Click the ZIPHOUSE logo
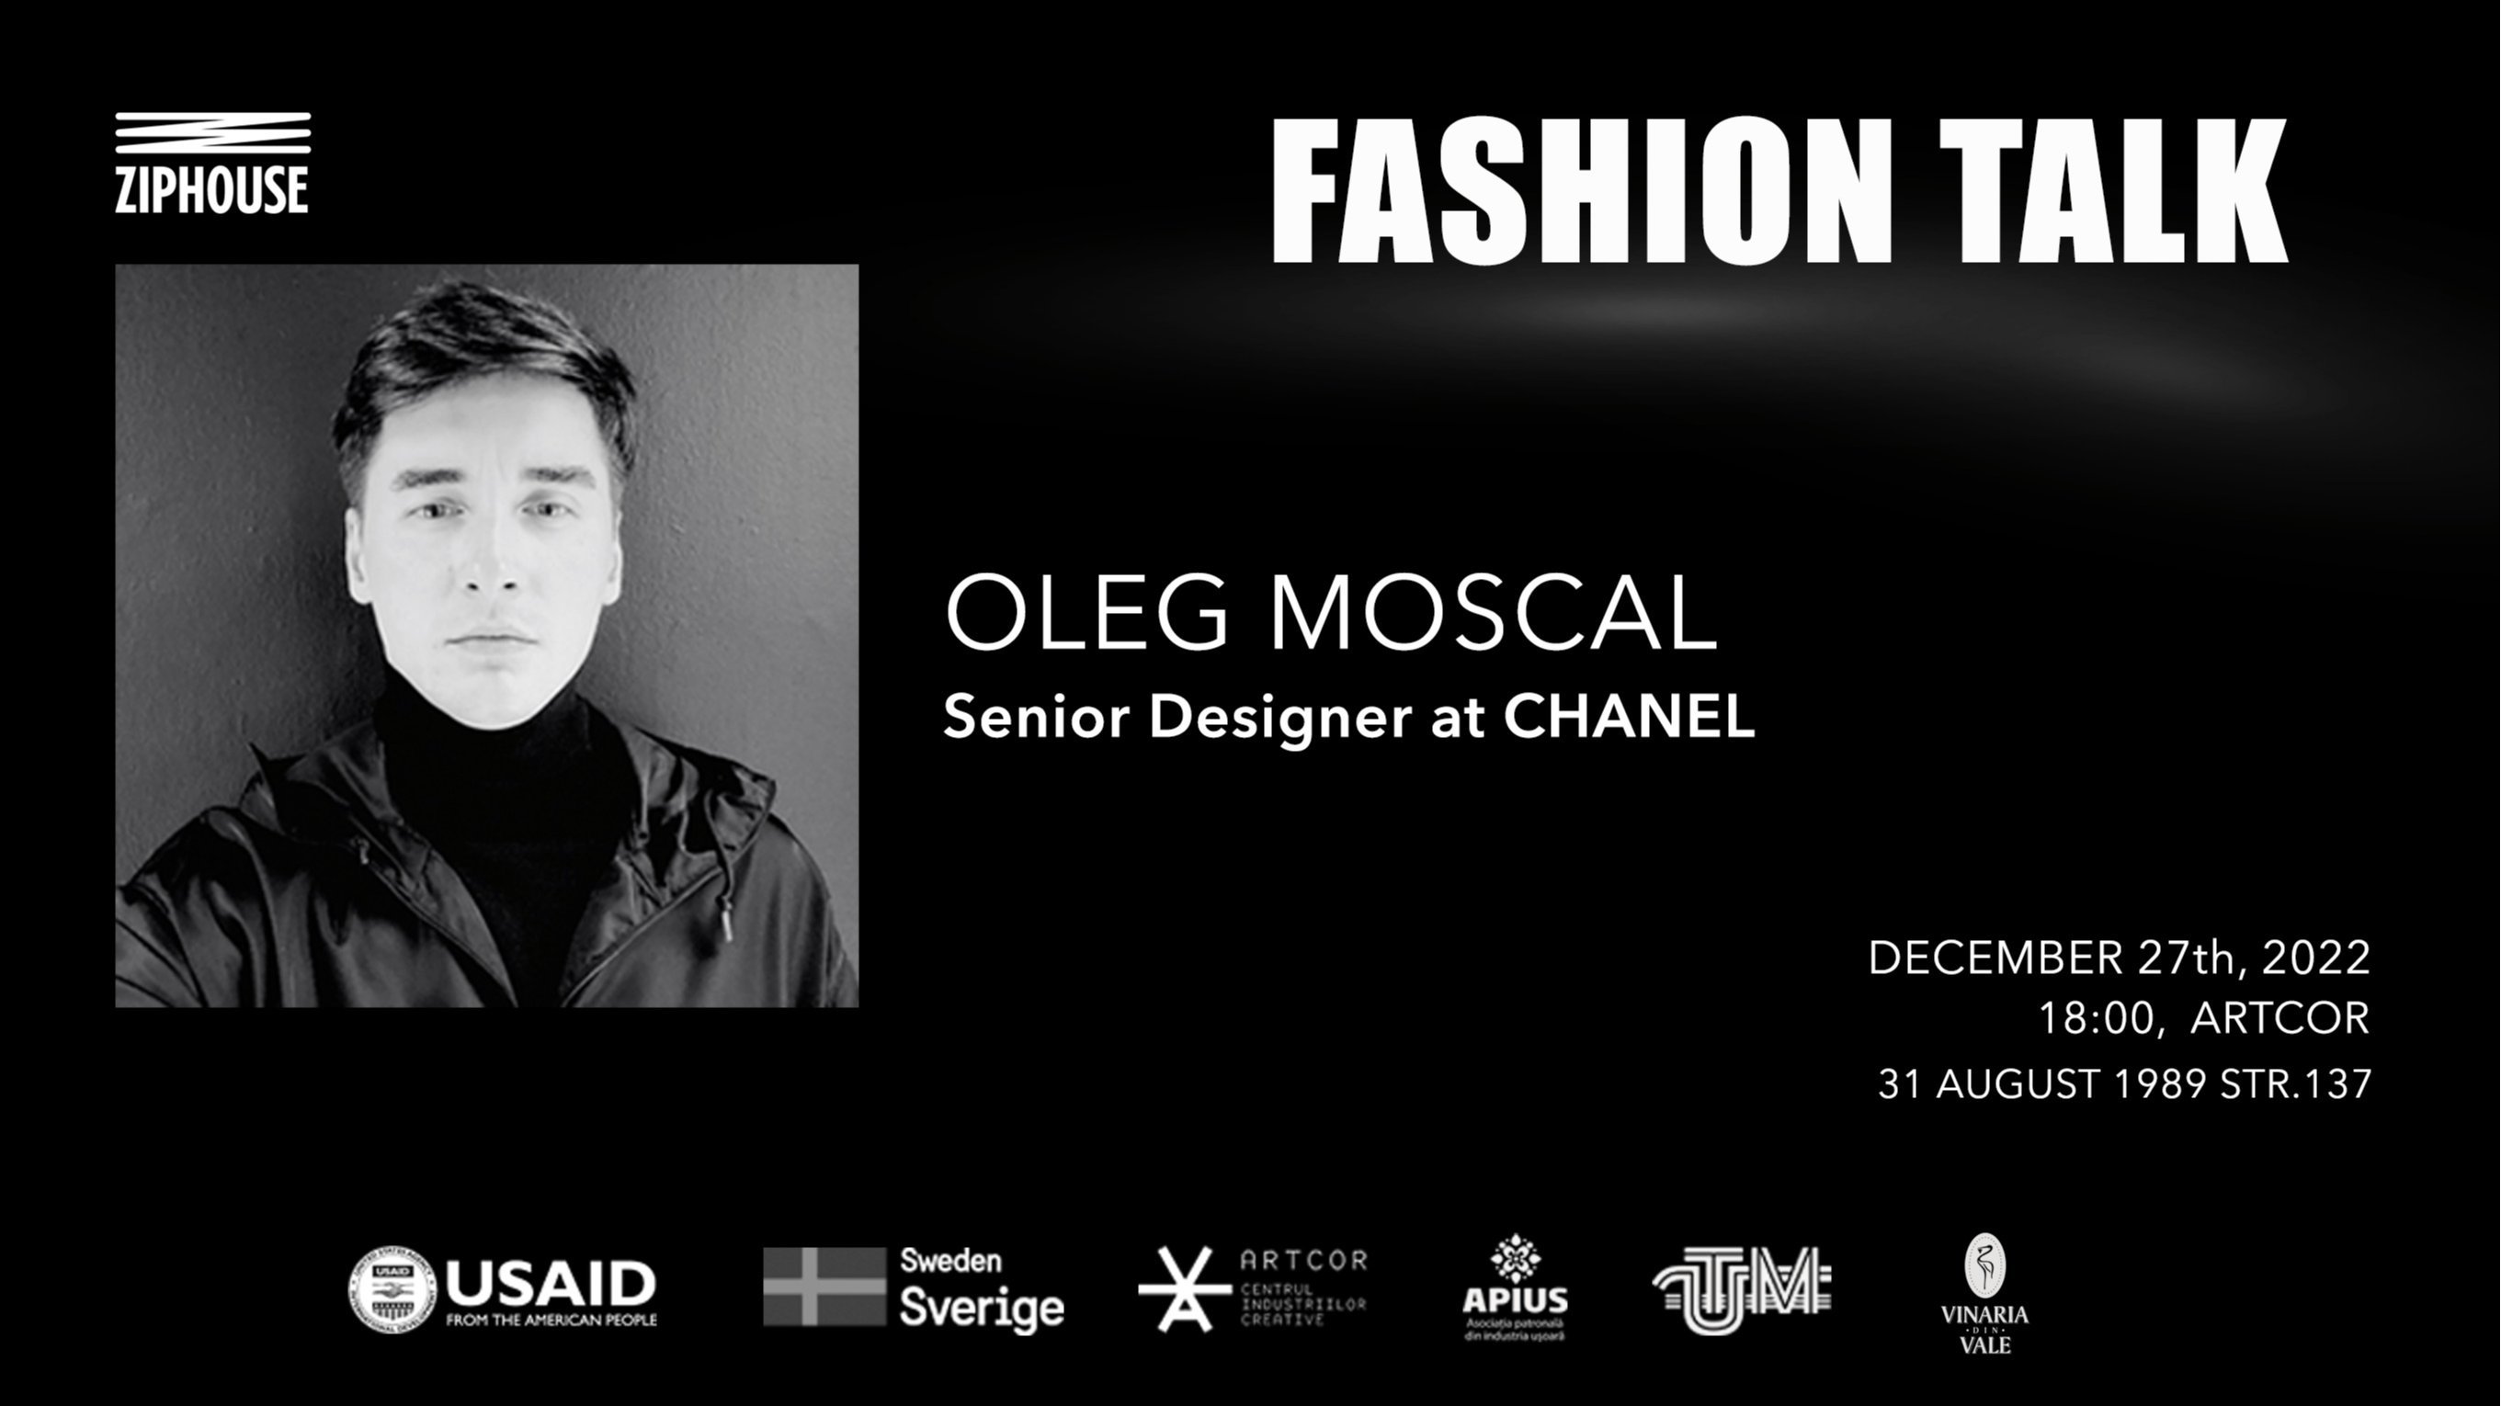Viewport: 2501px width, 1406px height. click(212, 164)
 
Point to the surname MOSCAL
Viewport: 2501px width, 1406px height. click(1495, 614)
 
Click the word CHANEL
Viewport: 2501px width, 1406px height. click(1629, 717)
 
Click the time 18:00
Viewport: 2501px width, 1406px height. click(2097, 1018)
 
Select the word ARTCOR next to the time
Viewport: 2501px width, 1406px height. click(2279, 1018)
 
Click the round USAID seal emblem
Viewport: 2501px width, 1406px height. click(392, 1289)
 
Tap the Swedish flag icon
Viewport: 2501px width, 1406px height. click(824, 1287)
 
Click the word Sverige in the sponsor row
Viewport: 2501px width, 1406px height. click(981, 1307)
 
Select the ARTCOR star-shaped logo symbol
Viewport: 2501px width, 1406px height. click(1184, 1289)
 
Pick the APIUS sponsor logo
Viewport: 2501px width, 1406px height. click(1515, 1287)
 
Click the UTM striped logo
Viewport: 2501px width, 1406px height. click(1742, 1289)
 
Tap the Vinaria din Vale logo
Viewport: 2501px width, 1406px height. click(1984, 1293)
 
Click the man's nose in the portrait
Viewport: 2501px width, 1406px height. click(493, 573)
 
